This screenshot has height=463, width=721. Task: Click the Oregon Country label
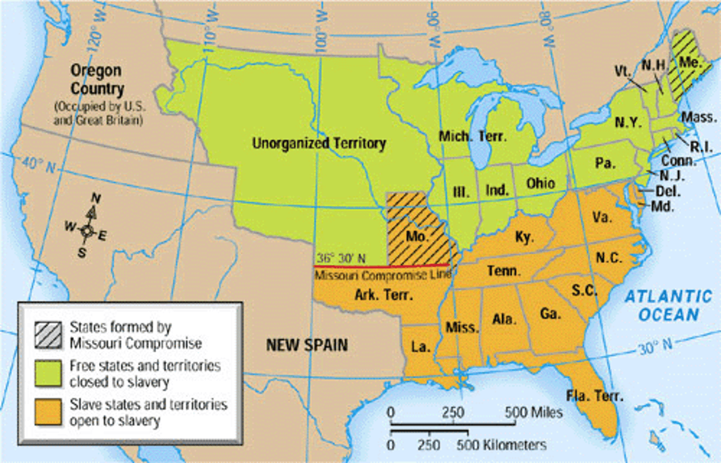pyautogui.click(x=97, y=79)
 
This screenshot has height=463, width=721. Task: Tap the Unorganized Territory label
pyautogui.click(x=319, y=143)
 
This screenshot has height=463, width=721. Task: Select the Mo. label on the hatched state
pyautogui.click(x=416, y=236)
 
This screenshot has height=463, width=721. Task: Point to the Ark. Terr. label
pyautogui.click(x=384, y=295)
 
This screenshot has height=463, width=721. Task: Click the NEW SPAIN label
pyautogui.click(x=306, y=345)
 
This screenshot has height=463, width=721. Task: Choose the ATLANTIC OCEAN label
pyautogui.click(x=668, y=306)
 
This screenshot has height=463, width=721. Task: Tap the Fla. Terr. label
pyautogui.click(x=595, y=396)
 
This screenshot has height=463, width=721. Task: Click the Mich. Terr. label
pyautogui.click(x=472, y=136)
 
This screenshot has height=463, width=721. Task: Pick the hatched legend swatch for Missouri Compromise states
pyautogui.click(x=49, y=335)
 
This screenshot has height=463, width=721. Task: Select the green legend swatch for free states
pyautogui.click(x=49, y=373)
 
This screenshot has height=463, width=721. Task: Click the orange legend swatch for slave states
pyautogui.click(x=49, y=412)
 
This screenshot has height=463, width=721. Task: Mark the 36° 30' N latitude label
pyautogui.click(x=340, y=258)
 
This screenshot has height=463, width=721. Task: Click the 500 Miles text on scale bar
pyautogui.click(x=533, y=412)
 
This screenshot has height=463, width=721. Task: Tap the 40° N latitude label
pyautogui.click(x=39, y=165)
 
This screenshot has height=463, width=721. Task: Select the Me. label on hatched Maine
pyautogui.click(x=689, y=62)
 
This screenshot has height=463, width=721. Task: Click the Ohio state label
pyautogui.click(x=540, y=183)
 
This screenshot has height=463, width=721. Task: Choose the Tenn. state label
pyautogui.click(x=504, y=271)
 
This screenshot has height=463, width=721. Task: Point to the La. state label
pyautogui.click(x=420, y=347)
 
